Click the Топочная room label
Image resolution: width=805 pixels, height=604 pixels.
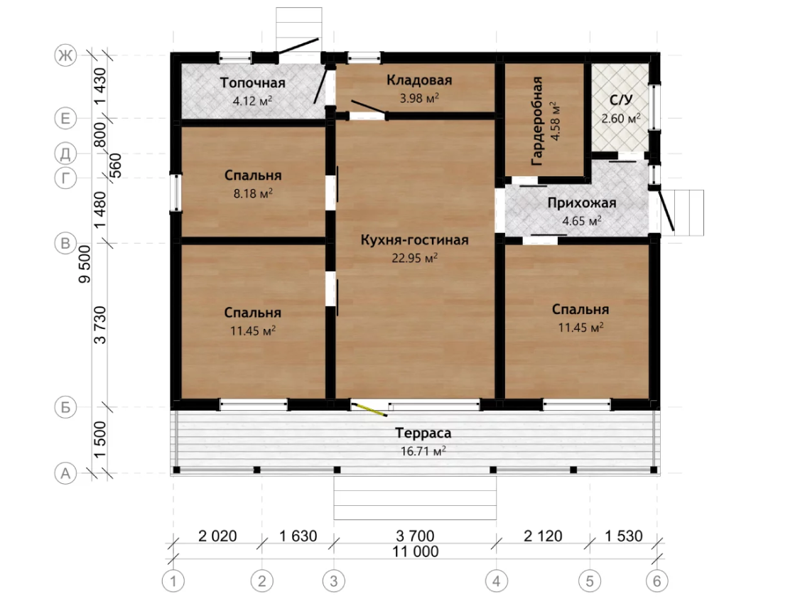[x=253, y=82]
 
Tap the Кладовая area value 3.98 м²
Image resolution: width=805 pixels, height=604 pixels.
[x=419, y=97]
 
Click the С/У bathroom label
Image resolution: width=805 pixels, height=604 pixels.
[x=621, y=99]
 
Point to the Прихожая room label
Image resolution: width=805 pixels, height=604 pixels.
[x=582, y=203]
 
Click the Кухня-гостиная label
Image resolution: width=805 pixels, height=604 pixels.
[x=414, y=240]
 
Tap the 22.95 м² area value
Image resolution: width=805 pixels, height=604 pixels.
[x=414, y=258]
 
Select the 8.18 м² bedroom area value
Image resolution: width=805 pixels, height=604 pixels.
[x=253, y=193]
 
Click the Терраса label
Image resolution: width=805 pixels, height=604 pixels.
[x=423, y=433]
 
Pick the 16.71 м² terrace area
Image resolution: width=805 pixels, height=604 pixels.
[x=423, y=451]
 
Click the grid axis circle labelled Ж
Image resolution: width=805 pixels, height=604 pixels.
[x=65, y=55]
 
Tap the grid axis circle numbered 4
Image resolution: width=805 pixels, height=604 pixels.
[x=496, y=581]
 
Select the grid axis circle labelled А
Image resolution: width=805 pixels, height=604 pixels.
[x=65, y=473]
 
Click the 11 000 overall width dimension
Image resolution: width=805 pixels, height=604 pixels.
[x=416, y=551]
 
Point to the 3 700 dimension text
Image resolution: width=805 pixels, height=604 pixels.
[x=415, y=536]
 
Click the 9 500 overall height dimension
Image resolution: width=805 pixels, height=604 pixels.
[x=85, y=264]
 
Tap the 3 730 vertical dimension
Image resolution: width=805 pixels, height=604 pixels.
[x=100, y=325]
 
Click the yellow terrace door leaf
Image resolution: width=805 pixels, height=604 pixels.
[x=369, y=409]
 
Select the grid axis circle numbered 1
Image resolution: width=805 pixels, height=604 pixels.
[x=173, y=581]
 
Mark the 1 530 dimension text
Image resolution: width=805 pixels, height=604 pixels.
[x=623, y=536]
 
